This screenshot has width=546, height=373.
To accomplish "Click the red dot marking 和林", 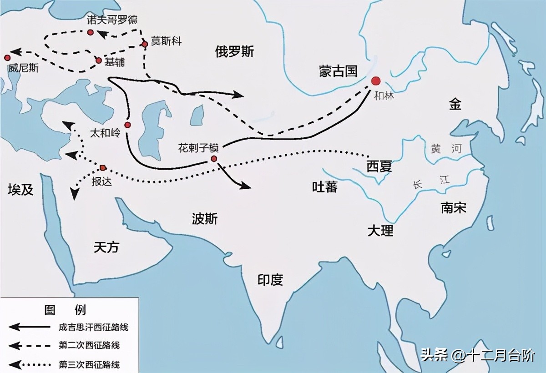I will click(x=375, y=81).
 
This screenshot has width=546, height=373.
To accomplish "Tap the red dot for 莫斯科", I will click(x=145, y=44).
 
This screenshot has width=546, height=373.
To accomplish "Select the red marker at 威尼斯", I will click(x=7, y=58).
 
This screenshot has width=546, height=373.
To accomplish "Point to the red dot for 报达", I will click(x=103, y=168).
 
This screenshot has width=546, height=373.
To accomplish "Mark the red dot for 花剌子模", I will click(x=213, y=158).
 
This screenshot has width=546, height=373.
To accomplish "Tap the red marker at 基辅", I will click(x=99, y=60).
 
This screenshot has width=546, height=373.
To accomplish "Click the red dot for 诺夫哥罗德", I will click(x=91, y=32).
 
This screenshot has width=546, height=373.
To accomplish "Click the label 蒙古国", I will click(x=339, y=71).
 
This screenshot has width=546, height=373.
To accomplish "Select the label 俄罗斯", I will click(x=235, y=52).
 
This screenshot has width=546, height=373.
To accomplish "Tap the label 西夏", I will click(x=379, y=166).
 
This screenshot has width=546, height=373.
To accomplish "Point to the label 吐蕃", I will click(x=325, y=186).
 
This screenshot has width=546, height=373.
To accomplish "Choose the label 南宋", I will click(x=453, y=208).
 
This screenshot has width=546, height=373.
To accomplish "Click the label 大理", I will click(x=380, y=231).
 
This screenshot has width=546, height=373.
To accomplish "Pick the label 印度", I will click(x=270, y=280).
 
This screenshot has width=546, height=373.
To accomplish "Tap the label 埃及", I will click(x=21, y=190).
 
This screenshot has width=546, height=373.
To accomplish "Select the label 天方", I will click(x=106, y=247).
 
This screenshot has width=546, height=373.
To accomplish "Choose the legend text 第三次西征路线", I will click(x=89, y=364).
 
